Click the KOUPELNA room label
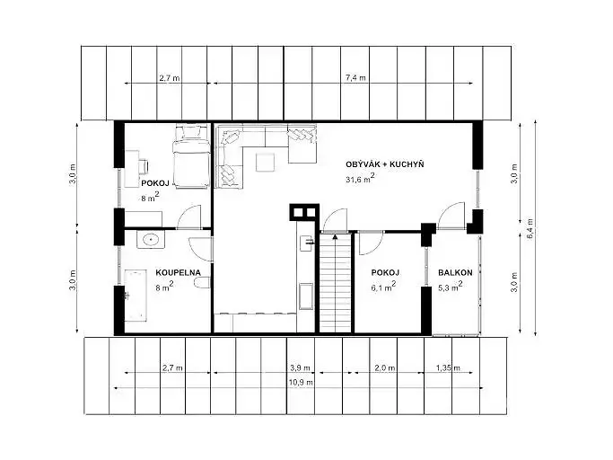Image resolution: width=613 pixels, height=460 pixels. pyautogui.click(x=178, y=272)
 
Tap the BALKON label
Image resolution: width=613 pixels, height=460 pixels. pyautogui.click(x=455, y=272)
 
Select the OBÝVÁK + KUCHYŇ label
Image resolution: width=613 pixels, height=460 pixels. pyautogui.click(x=385, y=164)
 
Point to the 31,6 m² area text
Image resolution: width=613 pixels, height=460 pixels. pyautogui.click(x=360, y=178)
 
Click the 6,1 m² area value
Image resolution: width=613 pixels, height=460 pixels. pyautogui.click(x=383, y=287)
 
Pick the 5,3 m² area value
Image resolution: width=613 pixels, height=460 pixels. pyautogui.click(x=451, y=287)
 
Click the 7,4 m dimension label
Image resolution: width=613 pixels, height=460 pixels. pyautogui.click(x=355, y=77)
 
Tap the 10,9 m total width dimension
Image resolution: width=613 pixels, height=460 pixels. pyautogui.click(x=301, y=382)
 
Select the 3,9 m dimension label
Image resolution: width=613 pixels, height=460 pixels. pyautogui.click(x=301, y=368)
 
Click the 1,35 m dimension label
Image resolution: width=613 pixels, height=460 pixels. pyautogui.click(x=448, y=368)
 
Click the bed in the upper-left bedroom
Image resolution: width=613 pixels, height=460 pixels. pyautogui.click(x=191, y=156)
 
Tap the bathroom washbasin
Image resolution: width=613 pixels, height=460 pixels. pyautogui.click(x=151, y=239)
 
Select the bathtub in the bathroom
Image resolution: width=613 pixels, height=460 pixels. pyautogui.click(x=136, y=296)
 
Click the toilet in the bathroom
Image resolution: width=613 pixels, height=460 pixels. pyautogui.click(x=202, y=283)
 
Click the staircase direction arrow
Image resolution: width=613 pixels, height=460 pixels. pyautogui.click(x=335, y=236)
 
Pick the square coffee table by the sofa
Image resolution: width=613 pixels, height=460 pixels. pyautogui.click(x=265, y=163)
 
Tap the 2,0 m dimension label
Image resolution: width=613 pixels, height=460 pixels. pyautogui.click(x=385, y=368)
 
